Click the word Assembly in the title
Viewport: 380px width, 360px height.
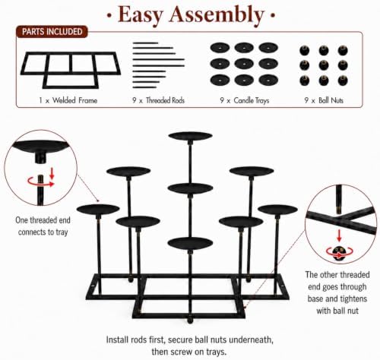(217, 14)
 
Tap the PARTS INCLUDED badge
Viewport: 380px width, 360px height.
(52, 32)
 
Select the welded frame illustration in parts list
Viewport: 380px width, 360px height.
(71, 70)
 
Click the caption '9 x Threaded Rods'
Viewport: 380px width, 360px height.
(158, 100)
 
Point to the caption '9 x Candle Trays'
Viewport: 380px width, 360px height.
(245, 100)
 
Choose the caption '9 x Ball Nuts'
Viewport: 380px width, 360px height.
(324, 100)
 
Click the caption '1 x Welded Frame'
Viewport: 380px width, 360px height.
(68, 100)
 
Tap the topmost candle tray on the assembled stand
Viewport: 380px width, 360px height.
(190, 136)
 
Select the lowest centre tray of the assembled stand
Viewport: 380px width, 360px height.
(190, 243)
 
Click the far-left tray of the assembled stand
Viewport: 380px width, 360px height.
(98, 210)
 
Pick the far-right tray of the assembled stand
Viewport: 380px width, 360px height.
(277, 210)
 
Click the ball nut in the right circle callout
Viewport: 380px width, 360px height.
(339, 252)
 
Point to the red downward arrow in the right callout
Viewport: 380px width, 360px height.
(339, 235)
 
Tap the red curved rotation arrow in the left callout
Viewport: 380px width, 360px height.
(40, 182)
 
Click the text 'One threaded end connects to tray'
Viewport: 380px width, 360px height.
(43, 226)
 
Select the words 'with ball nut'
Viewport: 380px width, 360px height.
(337, 311)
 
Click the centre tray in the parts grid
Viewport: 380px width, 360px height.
(244, 64)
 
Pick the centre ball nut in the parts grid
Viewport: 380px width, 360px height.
(324, 65)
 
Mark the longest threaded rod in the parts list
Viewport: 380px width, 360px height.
(159, 59)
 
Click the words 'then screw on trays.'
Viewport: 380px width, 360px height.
(189, 352)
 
